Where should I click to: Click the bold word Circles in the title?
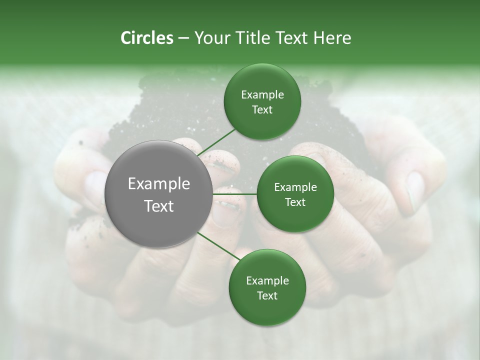[x=146, y=38]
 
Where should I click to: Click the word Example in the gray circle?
[x=159, y=184]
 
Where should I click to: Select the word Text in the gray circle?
[x=159, y=206]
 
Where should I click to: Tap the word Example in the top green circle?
[x=262, y=95]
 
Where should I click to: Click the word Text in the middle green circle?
[x=295, y=202]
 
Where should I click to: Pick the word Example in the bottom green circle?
[x=267, y=281]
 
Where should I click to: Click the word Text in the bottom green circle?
[x=267, y=296]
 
